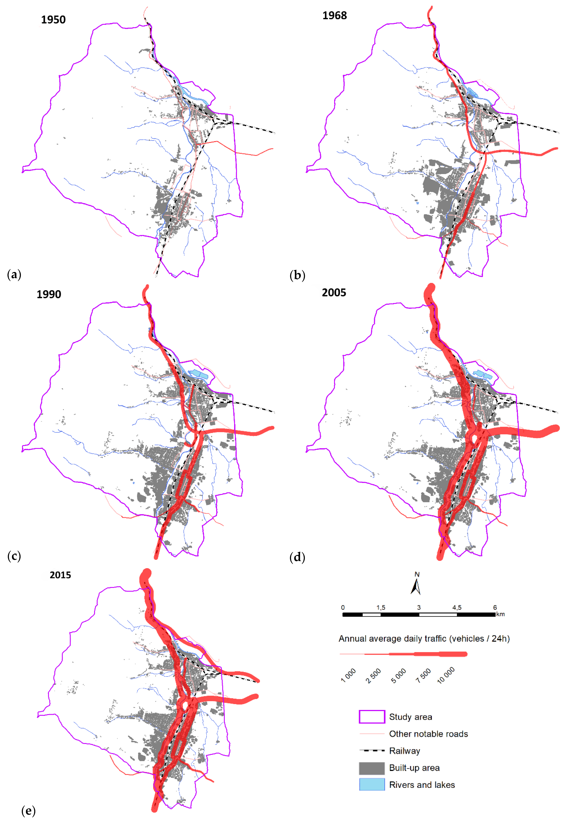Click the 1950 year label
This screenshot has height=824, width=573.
coord(53,20)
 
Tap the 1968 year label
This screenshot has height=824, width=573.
coord(334,15)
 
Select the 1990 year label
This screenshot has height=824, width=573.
coord(49,294)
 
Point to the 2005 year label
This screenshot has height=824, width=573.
coord(334,293)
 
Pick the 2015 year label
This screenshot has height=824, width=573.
coord(60,575)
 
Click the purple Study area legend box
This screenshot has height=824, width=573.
coord(372,717)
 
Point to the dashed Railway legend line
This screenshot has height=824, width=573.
coord(372,750)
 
